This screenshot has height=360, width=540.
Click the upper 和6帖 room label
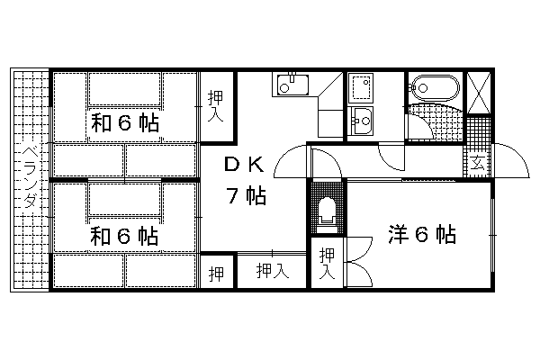click(124, 124)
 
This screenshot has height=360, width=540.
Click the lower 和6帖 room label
click(124, 236)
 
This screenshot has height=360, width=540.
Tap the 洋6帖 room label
click(422, 235)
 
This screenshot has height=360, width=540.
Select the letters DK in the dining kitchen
click(243, 165)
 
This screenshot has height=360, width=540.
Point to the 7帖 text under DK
click(245, 195)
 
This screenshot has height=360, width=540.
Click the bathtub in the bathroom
click(433, 88)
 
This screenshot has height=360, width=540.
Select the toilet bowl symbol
click(327, 211)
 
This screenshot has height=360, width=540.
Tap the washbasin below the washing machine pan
click(363, 118)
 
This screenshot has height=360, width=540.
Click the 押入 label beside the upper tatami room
click(215, 105)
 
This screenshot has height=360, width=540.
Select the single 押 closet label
click(216, 272)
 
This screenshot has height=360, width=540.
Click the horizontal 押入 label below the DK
click(271, 271)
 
